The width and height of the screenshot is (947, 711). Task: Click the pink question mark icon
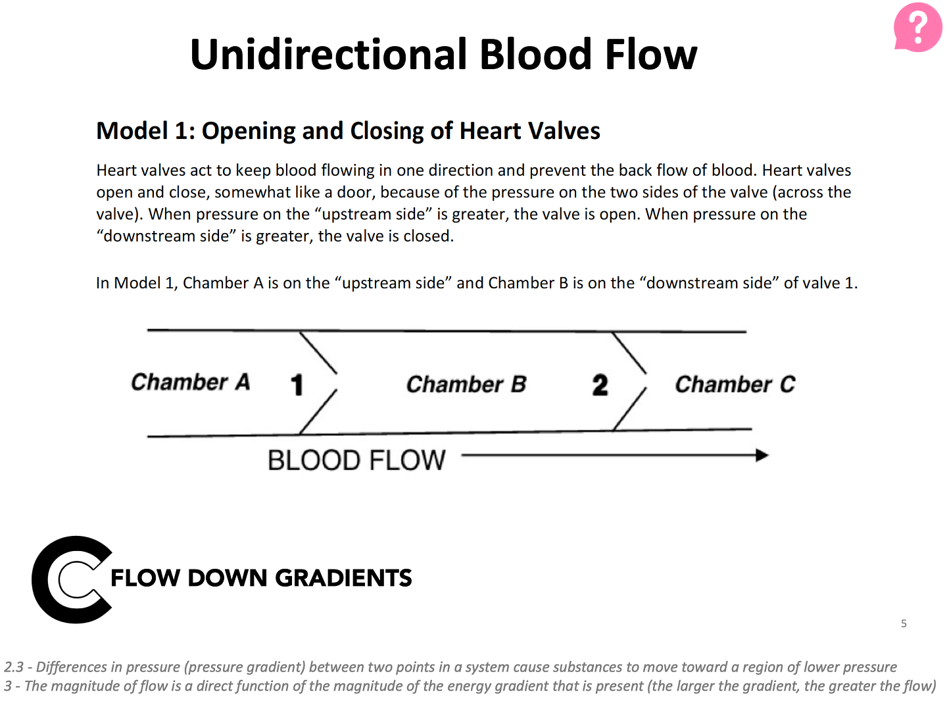pos(918,28)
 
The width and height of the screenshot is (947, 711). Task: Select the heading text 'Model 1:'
pos(145,131)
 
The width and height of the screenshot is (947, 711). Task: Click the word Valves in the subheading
pos(564,131)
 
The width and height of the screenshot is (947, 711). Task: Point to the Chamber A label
pos(190,382)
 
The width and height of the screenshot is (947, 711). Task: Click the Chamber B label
pos(466,384)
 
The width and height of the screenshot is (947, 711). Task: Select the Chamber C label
pos(735,384)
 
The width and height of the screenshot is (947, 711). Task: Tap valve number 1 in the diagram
pos(297,384)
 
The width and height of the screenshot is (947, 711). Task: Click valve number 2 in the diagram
pos(600,384)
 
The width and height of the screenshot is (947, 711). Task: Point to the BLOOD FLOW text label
pos(356,460)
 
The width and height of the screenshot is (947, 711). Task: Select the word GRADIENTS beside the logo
pos(343,578)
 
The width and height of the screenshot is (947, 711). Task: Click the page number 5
pos(904,623)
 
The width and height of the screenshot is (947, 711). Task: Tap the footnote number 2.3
pos(14,667)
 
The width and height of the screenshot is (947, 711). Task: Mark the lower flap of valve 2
pos(629,409)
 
